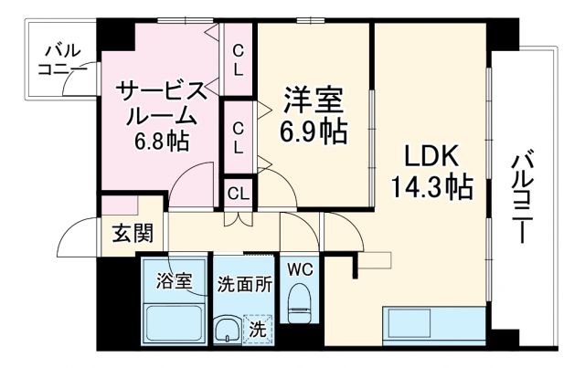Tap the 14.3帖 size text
point(432,188)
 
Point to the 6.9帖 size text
point(314,131)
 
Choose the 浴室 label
point(174,280)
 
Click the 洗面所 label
point(244,283)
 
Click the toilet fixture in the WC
point(299,302)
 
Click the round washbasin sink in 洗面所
point(224,329)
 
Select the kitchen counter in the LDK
point(433,325)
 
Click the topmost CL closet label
point(238,59)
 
